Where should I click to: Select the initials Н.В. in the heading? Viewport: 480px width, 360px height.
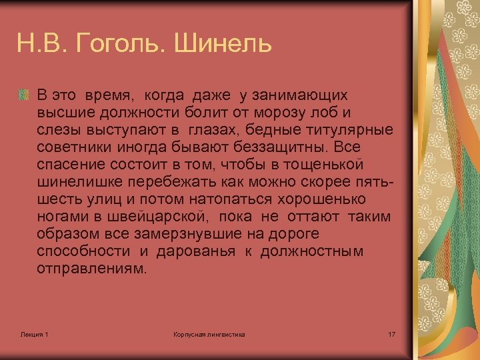pyautogui.click(x=42, y=45)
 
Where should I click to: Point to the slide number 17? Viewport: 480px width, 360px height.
pyautogui.click(x=391, y=333)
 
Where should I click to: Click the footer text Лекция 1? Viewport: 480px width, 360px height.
pyautogui.click(x=34, y=333)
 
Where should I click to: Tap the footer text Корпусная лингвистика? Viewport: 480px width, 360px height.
pyautogui.click(x=209, y=333)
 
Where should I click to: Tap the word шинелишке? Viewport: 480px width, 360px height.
pyautogui.click(x=72, y=181)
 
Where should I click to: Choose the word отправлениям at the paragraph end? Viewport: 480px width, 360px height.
pyautogui.click(x=90, y=269)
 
